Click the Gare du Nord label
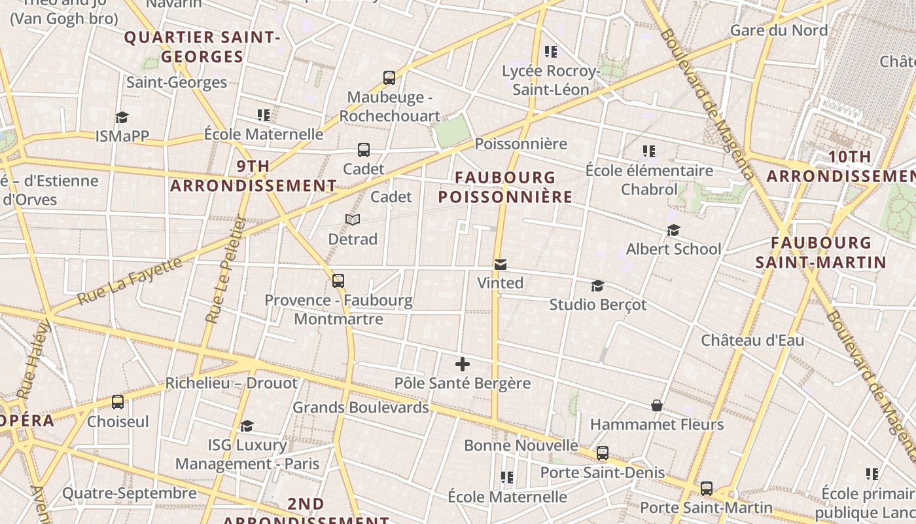point(779,30)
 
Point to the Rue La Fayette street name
point(130,281)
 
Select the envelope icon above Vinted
point(501,265)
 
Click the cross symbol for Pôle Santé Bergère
point(463,364)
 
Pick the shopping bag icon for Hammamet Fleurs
point(657,406)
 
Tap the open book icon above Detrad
point(353,220)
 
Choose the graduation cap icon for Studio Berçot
point(597,286)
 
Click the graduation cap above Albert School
point(673,231)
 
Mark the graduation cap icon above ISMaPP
point(122,118)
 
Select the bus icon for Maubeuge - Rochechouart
point(389,79)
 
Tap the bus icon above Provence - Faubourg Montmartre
point(338,281)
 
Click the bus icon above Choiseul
point(118,402)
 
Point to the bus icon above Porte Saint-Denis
point(603,453)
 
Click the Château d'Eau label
point(752,341)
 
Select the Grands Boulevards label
point(361,407)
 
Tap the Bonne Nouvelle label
point(521,446)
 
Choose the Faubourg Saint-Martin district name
point(820,253)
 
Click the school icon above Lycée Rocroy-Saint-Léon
point(551,51)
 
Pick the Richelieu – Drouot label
point(231,383)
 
